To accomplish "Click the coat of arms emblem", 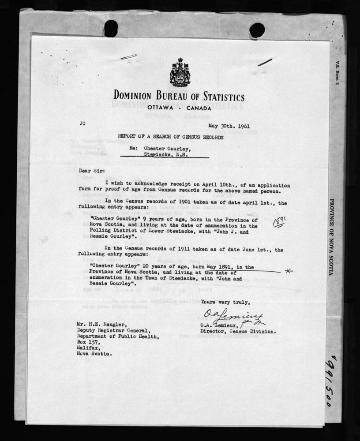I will (x=180, y=73).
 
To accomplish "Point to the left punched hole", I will (x=111, y=28).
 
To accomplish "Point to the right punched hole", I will (x=257, y=30).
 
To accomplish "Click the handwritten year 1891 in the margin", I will (x=279, y=220).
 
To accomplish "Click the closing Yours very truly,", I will (x=225, y=302).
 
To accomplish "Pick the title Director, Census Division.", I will (x=238, y=331).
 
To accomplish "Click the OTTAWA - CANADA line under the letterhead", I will (x=179, y=108).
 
